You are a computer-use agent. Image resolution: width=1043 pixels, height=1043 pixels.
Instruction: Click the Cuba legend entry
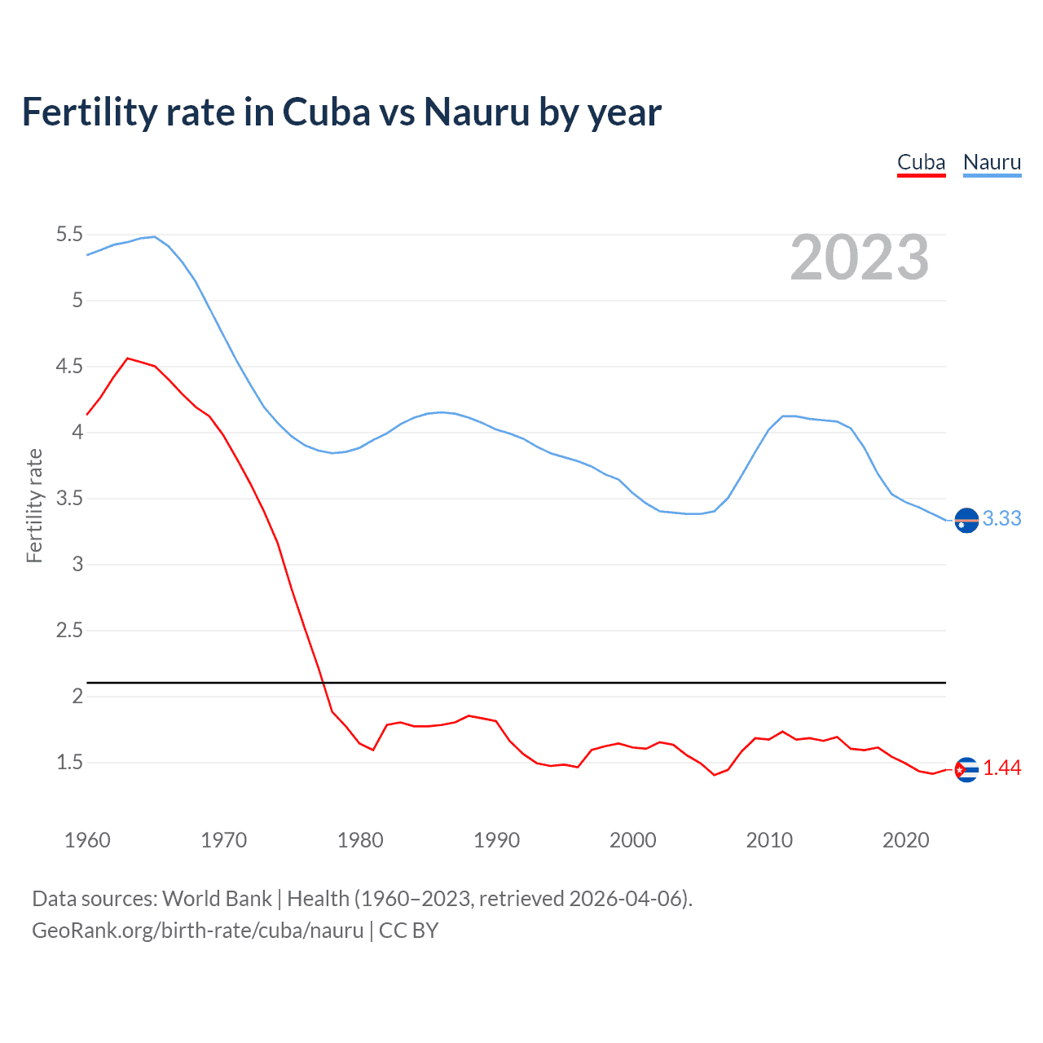click(921, 162)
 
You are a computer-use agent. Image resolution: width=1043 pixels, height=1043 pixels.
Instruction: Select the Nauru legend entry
click(992, 162)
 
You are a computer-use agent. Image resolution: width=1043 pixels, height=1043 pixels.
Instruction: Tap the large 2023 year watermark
click(860, 257)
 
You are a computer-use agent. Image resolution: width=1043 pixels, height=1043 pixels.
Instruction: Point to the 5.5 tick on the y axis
click(69, 235)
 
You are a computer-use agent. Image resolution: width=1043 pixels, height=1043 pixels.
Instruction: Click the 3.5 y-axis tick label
click(69, 499)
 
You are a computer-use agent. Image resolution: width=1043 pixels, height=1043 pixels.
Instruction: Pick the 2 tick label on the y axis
click(78, 696)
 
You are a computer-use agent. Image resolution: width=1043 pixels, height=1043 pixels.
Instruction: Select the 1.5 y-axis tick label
click(69, 763)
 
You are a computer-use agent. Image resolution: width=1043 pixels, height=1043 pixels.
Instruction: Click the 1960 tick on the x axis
click(87, 840)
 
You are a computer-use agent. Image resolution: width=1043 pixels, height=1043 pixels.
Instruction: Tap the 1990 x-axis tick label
click(496, 840)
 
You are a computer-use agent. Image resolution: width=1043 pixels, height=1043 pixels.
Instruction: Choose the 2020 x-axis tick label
click(905, 840)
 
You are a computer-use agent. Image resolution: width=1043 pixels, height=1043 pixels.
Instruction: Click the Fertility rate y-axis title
click(34, 505)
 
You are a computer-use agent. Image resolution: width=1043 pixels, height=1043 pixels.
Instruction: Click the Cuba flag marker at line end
click(966, 769)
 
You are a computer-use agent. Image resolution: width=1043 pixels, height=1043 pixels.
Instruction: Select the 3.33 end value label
click(1001, 519)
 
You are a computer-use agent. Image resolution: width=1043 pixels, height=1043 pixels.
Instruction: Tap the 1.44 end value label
click(1001, 768)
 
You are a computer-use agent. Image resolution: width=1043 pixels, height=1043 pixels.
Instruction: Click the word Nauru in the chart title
click(477, 112)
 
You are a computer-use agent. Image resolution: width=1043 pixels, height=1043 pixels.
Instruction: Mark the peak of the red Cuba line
click(127, 358)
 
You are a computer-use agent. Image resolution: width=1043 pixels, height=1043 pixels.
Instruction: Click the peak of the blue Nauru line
click(154, 236)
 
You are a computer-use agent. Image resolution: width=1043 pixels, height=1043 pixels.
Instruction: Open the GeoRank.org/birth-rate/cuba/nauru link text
click(197, 931)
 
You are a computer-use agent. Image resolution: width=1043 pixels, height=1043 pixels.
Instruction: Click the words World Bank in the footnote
click(217, 899)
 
